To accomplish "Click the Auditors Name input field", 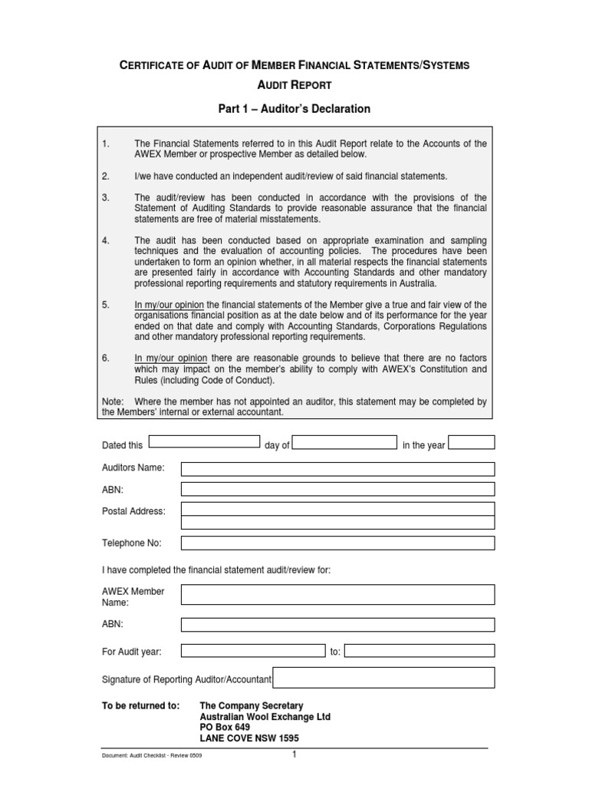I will (x=337, y=469).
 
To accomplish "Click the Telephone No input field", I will (x=337, y=543).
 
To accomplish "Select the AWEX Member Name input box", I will (x=337, y=595).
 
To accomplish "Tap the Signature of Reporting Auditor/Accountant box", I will (x=383, y=678).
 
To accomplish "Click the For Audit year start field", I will (x=253, y=651).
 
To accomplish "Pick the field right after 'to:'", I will (x=420, y=651).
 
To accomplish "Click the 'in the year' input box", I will (x=472, y=442).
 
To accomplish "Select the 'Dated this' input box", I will (x=204, y=441).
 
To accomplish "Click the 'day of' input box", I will (x=344, y=442).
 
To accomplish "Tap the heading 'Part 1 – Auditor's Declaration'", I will (x=294, y=109).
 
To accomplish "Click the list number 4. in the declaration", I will (x=106, y=240).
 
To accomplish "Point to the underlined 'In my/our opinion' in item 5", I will (x=169, y=305).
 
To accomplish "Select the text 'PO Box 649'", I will (x=225, y=727).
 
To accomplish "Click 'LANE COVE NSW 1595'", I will (x=249, y=738).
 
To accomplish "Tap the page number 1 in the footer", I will (x=294, y=755).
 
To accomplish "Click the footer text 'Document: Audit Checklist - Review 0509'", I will (x=152, y=756).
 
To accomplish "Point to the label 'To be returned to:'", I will (x=141, y=705).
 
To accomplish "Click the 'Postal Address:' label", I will (x=133, y=510).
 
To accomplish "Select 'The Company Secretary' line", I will (x=251, y=705).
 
